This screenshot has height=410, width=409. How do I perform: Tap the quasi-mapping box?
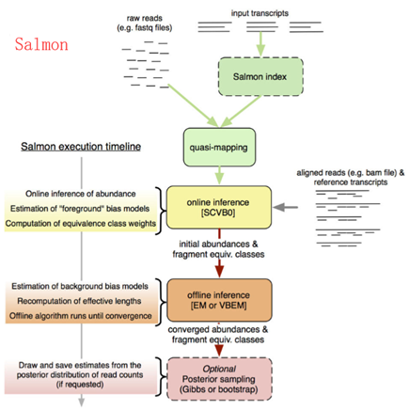click(215, 147)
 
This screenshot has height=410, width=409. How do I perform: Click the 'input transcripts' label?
click(262, 14)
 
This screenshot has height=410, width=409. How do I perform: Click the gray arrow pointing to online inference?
click(291, 204)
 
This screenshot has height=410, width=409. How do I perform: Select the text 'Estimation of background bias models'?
click(81, 286)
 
